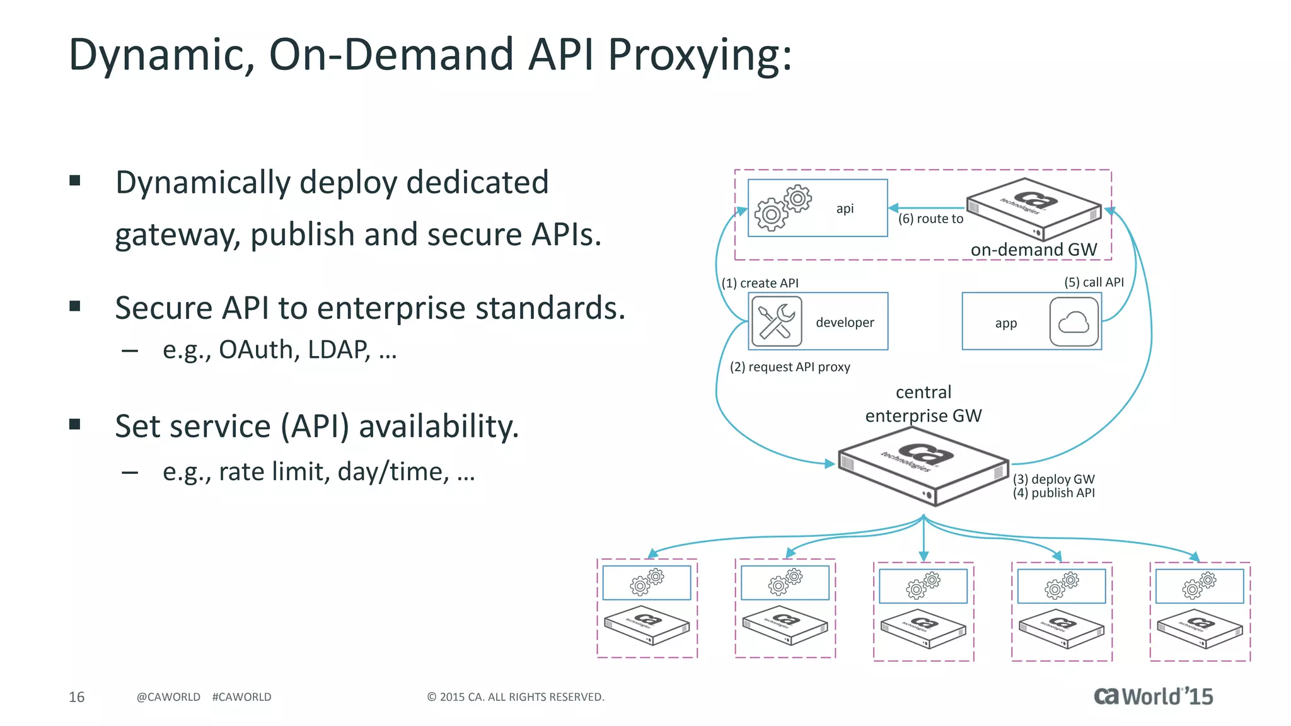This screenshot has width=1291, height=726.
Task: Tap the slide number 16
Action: pos(76,697)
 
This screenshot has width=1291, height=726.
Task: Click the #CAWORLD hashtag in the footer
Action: pos(241,697)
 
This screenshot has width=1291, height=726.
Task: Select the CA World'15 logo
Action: pos(1153,696)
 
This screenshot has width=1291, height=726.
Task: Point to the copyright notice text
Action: pos(516,697)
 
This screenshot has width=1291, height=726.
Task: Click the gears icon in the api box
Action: pos(782,207)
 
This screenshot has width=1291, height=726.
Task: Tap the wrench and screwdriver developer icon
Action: pos(776,321)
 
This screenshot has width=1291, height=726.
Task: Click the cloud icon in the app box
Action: pos(1074,323)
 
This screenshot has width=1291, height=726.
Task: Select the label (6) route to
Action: pos(930,219)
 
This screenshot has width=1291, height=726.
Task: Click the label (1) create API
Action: pos(760,284)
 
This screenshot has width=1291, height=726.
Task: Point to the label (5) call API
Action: pos(1094,282)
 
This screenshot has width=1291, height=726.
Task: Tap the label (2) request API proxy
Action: pos(790,367)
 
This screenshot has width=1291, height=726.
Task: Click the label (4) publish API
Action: pos(1053,493)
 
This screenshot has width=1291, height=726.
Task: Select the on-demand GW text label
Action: pos(1034,250)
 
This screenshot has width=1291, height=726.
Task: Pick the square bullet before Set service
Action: pos(75,424)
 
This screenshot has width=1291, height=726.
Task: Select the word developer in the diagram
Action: pos(845,323)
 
